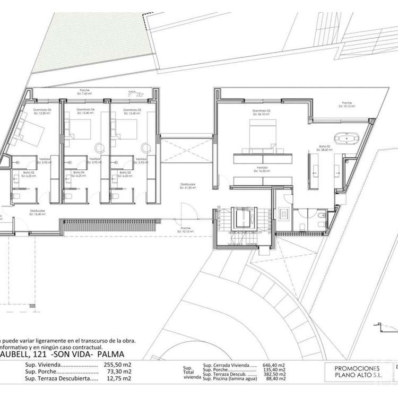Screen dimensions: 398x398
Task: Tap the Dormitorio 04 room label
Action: [85, 111]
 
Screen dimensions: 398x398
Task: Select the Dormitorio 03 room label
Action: [132, 111]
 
